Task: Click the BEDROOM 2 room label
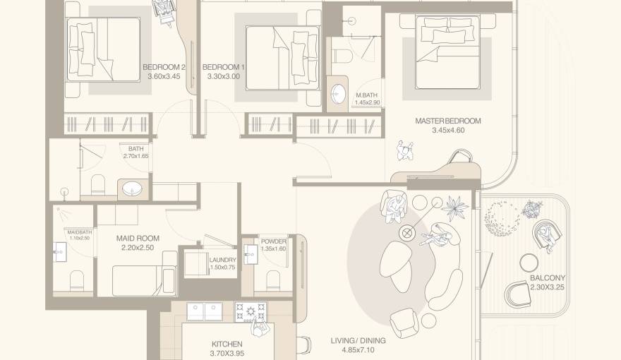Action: (x=162, y=67)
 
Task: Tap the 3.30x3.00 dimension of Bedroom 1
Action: (x=224, y=76)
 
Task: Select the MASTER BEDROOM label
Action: (x=447, y=121)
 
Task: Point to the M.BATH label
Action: (x=367, y=95)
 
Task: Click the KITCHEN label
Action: (x=226, y=344)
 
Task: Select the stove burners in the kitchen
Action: (x=251, y=311)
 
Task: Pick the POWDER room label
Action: (x=273, y=241)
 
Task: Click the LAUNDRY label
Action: (x=223, y=260)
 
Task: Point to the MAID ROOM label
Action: (x=138, y=239)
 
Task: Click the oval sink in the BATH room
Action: (x=132, y=189)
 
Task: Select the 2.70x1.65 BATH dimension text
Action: (x=135, y=156)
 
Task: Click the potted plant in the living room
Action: (x=452, y=207)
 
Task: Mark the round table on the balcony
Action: (x=529, y=263)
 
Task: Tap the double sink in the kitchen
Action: (x=204, y=311)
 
